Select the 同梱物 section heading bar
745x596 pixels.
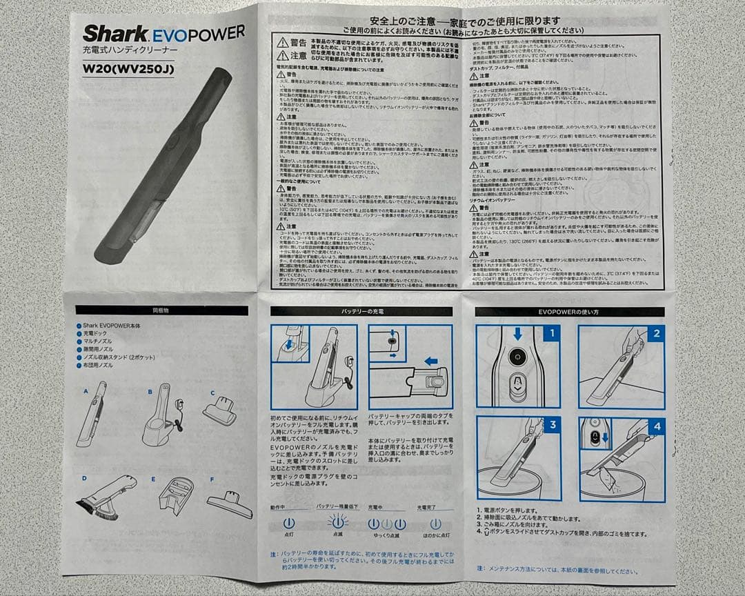pyautogui.click(x=161, y=310)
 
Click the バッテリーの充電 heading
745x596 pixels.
pyautogui.click(x=360, y=312)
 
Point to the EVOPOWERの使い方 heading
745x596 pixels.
pyautogui.click(x=569, y=312)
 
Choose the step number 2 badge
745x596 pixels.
pyautogui.click(x=656, y=333)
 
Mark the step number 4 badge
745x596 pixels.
pyautogui.click(x=656, y=426)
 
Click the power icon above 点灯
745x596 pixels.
pyautogui.click(x=288, y=524)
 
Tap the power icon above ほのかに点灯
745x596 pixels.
pyautogui.click(x=435, y=524)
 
